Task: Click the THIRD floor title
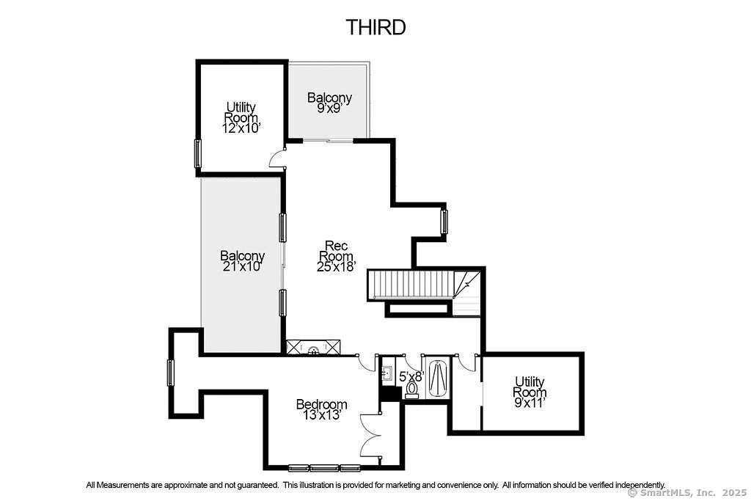click(x=376, y=27)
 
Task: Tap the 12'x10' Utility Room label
click(x=241, y=117)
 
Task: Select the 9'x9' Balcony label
click(x=329, y=103)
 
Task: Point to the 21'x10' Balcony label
click(x=242, y=261)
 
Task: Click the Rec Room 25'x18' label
click(x=336, y=256)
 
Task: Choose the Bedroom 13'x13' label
click(x=321, y=409)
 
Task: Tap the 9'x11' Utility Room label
click(x=530, y=392)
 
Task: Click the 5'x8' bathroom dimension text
click(x=412, y=376)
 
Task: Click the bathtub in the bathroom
click(x=437, y=379)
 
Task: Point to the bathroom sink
click(x=387, y=373)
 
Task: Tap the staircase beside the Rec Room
click(x=411, y=285)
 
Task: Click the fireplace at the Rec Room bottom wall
click(x=314, y=347)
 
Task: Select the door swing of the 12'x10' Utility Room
click(x=276, y=158)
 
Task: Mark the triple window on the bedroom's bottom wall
click(x=324, y=468)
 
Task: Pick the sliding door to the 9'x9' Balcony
click(x=328, y=141)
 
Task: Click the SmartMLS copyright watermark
click(x=688, y=493)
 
